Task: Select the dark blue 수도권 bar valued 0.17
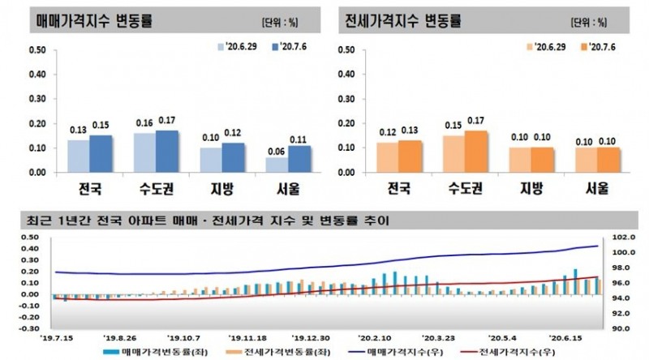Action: [166, 152]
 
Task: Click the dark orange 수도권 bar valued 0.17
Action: [477, 152]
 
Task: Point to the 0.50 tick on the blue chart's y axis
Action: [37, 50]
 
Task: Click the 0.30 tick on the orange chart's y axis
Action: [346, 99]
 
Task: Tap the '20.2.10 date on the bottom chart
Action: [375, 336]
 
